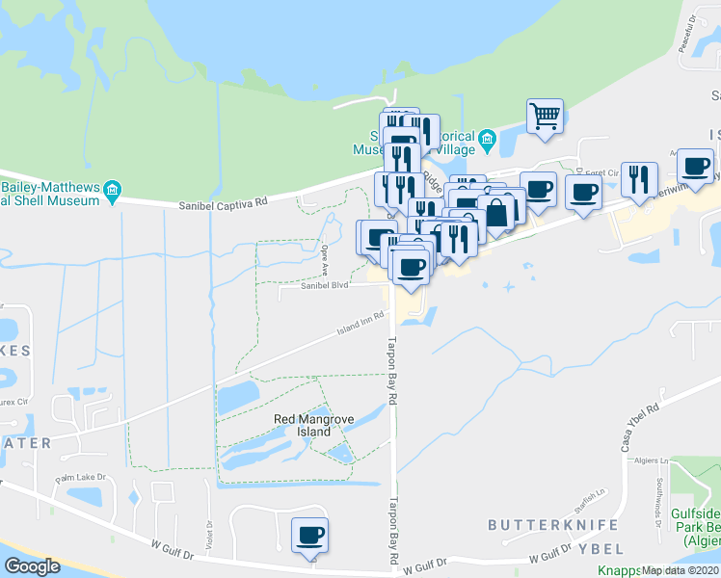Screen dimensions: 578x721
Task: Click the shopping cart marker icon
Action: [x=545, y=116]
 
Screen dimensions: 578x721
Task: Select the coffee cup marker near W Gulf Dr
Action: [x=309, y=535]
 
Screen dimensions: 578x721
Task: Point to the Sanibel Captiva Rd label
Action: [x=223, y=204]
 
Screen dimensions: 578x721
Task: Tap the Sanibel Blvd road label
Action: [x=323, y=285]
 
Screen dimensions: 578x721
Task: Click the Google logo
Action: [x=33, y=566]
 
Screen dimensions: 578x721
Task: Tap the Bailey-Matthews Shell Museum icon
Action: [x=114, y=189]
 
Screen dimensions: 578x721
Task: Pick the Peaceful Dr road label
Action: [x=686, y=39]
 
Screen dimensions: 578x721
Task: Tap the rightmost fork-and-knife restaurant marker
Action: [x=639, y=181]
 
